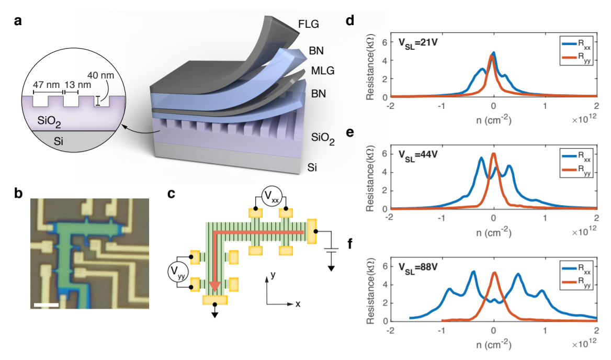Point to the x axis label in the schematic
pyautogui.click(x=304, y=303)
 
